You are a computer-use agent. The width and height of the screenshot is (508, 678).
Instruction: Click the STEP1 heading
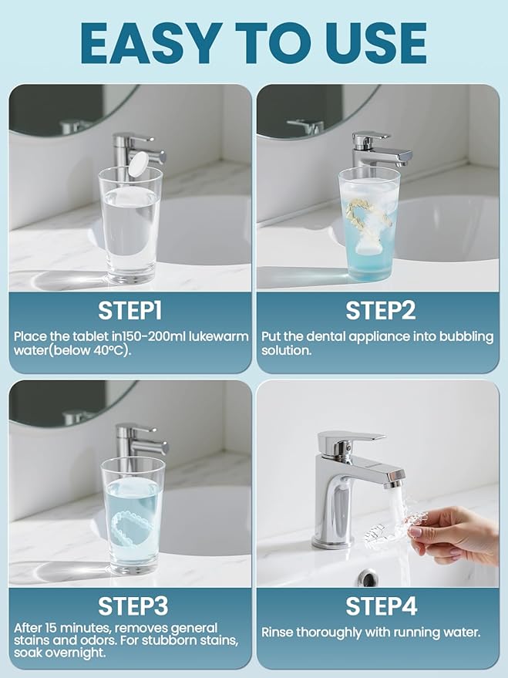tap(130, 310)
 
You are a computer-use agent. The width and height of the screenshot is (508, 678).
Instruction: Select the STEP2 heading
tap(381, 310)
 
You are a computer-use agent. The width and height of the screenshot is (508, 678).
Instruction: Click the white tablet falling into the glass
tap(139, 166)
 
